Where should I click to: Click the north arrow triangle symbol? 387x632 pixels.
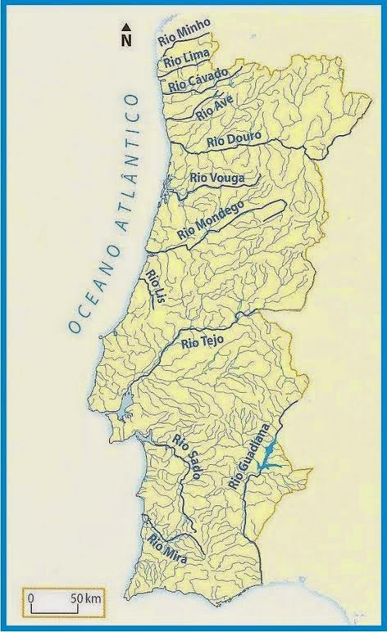[x=126, y=27]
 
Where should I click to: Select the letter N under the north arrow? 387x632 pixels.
[x=126, y=38]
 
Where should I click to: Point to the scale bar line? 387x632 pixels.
[x=50, y=607]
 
